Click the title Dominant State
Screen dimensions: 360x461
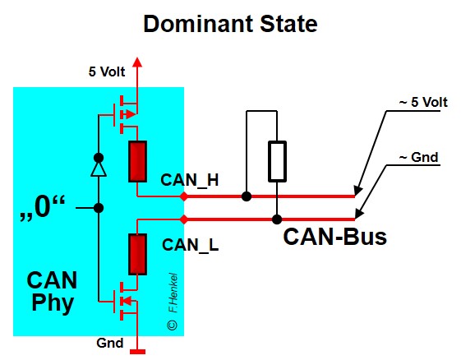click(230, 23)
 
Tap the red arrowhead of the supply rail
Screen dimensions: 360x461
click(137, 62)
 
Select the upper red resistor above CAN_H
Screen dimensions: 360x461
click(137, 160)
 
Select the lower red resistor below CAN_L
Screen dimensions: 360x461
click(137, 254)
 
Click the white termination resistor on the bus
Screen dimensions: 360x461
click(277, 160)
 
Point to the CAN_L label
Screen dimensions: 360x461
click(188, 244)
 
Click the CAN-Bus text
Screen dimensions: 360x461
click(334, 238)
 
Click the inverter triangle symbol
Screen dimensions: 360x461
click(98, 168)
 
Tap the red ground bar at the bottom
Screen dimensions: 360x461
click(137, 353)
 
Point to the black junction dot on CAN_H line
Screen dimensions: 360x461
click(246, 196)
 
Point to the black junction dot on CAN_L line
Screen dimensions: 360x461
click(277, 219)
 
